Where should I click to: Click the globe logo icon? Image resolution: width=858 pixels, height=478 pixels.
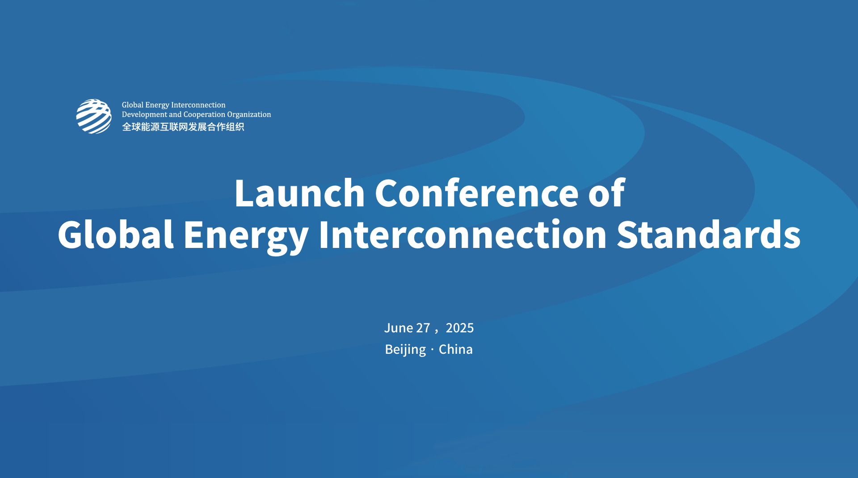click(x=94, y=116)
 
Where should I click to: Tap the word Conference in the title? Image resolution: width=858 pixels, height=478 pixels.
click(x=476, y=193)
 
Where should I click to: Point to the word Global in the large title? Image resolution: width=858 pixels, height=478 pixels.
click(x=115, y=235)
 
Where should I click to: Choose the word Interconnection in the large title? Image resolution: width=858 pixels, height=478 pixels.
click(x=462, y=235)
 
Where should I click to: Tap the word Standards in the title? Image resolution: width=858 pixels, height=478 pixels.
click(x=708, y=235)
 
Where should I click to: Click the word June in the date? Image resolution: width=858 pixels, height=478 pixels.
click(x=398, y=328)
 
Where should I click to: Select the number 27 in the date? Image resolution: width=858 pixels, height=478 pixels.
click(x=423, y=328)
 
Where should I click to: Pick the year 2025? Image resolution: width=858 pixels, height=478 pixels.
click(x=459, y=328)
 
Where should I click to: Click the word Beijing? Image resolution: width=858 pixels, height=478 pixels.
click(x=405, y=349)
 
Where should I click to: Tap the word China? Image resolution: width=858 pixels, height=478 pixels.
click(x=455, y=349)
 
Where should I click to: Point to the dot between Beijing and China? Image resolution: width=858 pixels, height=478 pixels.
click(x=432, y=350)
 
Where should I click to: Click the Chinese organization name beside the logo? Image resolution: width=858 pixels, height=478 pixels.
click(x=183, y=127)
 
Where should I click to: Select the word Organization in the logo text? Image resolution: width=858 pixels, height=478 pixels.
click(x=249, y=114)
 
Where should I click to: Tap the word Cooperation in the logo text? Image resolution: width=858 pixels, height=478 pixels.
click(x=204, y=114)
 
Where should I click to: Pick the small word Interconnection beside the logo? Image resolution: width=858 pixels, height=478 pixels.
click(x=198, y=105)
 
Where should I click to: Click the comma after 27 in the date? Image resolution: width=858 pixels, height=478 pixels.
click(x=436, y=331)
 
